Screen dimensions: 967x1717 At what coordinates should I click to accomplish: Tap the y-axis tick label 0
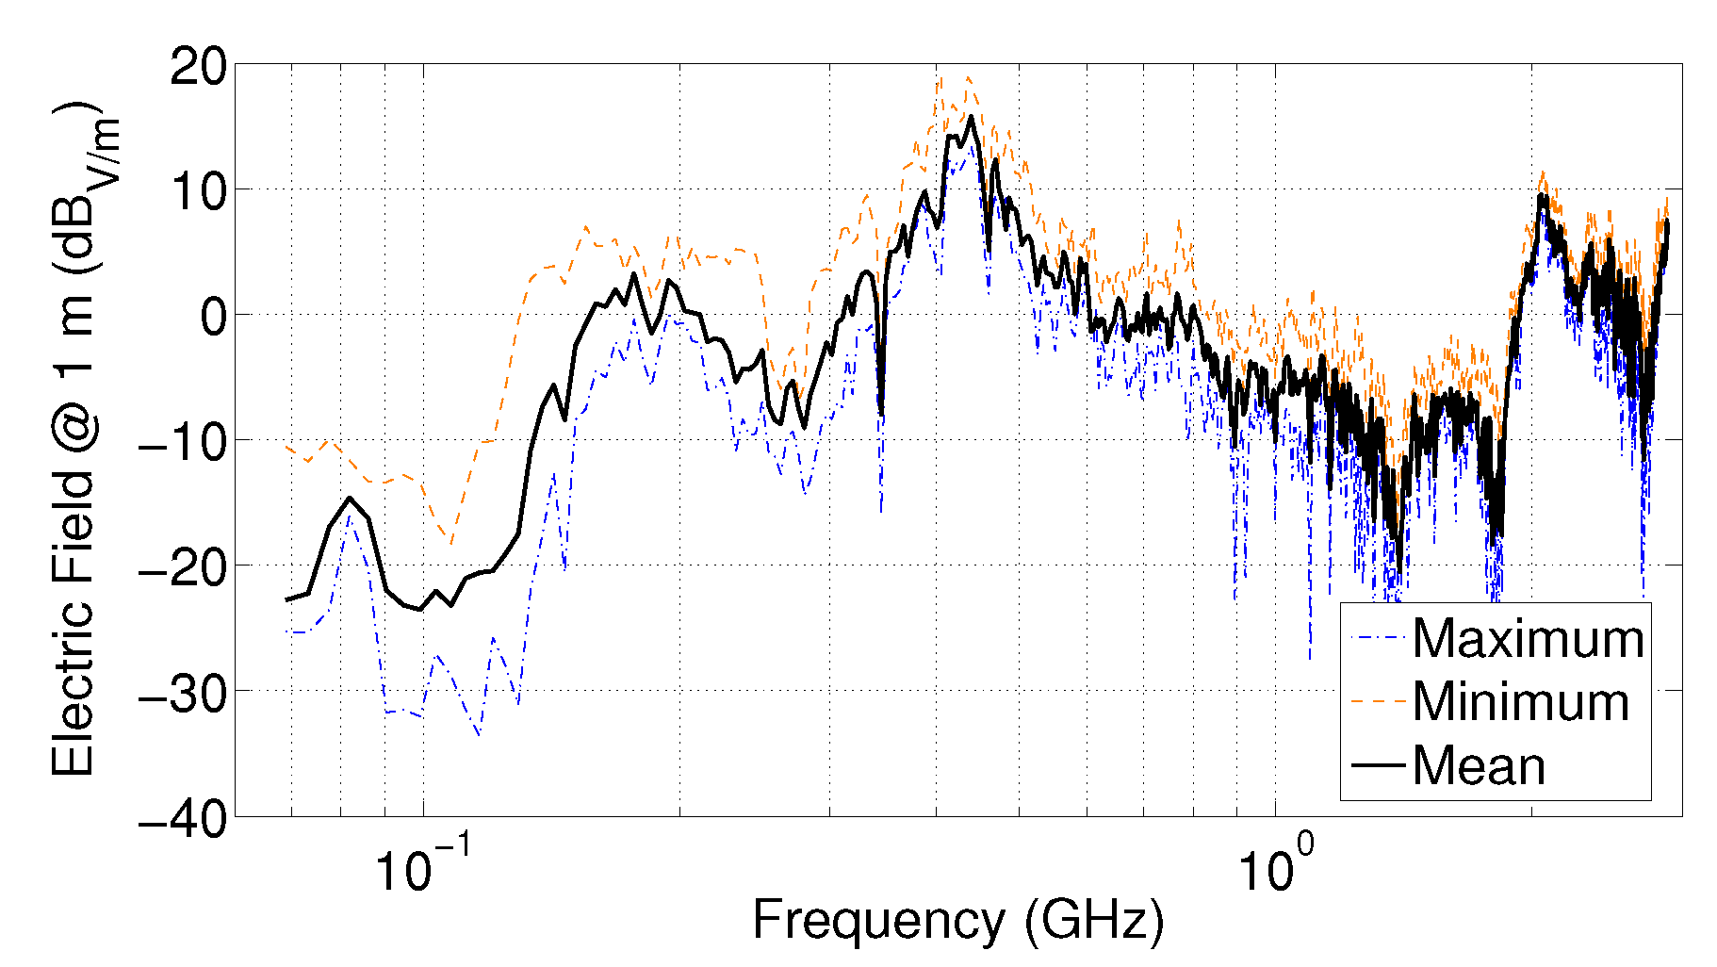(x=214, y=317)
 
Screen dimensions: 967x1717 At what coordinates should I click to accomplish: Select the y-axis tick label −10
(x=183, y=442)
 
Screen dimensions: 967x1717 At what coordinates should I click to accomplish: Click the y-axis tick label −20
(x=183, y=567)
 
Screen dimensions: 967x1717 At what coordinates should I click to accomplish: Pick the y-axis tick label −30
(x=183, y=693)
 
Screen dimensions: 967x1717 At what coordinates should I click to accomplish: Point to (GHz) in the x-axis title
(x=1094, y=920)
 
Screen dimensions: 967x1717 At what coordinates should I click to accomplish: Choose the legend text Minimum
(x=1520, y=702)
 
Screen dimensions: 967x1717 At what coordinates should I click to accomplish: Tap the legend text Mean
(x=1479, y=765)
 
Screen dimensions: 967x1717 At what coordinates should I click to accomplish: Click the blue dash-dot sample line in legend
(x=1377, y=638)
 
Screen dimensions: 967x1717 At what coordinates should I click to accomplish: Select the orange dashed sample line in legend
(x=1377, y=701)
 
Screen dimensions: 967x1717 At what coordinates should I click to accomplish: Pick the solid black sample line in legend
(x=1377, y=764)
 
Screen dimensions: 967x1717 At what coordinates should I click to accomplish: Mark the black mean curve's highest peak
(x=971, y=117)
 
